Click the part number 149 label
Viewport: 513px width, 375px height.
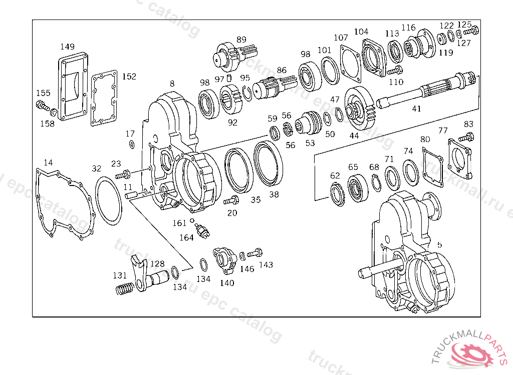click(68, 46)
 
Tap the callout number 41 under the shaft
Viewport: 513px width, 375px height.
click(416, 108)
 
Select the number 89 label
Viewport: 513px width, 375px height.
click(241, 39)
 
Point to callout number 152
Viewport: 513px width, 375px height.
click(129, 76)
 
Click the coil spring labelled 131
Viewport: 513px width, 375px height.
click(125, 288)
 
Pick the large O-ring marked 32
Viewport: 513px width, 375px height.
click(108, 200)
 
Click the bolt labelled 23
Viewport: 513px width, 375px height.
click(122, 175)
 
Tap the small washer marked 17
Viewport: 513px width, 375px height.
click(131, 144)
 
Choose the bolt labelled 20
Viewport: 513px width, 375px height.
click(231, 200)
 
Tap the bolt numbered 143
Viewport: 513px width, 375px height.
click(255, 253)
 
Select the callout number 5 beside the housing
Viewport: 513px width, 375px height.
click(439, 245)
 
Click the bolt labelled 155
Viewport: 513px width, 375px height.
click(42, 105)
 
